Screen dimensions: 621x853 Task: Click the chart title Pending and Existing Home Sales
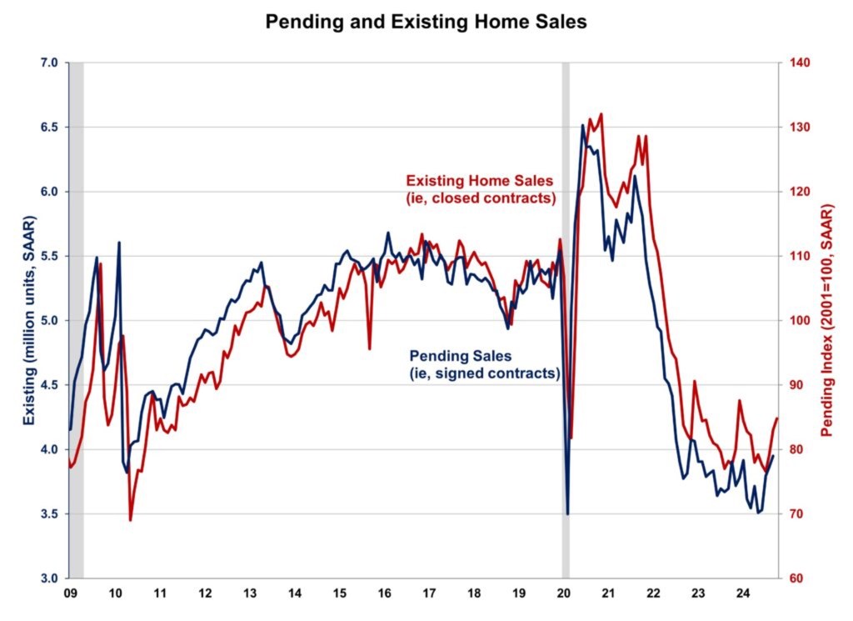[426, 23]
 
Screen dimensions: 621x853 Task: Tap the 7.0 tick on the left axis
[47, 63]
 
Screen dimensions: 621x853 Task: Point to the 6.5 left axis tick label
[47, 128]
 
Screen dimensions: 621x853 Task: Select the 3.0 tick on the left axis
[47, 578]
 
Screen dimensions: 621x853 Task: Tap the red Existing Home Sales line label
[479, 189]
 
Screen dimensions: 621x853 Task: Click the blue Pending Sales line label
[483, 365]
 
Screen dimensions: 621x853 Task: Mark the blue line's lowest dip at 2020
[567, 513]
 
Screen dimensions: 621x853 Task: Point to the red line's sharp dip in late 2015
[369, 348]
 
